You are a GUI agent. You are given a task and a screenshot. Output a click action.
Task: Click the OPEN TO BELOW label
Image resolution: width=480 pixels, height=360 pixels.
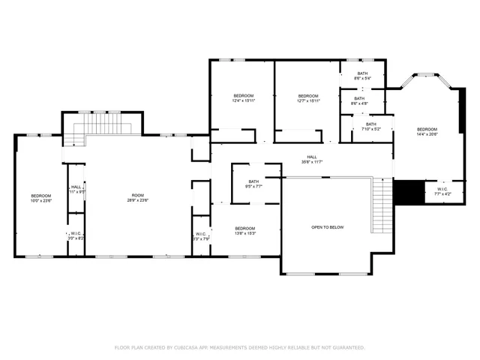click(327, 227)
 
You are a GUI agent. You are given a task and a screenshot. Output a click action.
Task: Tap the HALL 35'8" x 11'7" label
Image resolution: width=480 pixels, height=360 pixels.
click(301, 159)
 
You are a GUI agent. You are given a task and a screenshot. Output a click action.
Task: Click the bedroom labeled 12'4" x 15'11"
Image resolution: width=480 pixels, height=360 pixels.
click(243, 98)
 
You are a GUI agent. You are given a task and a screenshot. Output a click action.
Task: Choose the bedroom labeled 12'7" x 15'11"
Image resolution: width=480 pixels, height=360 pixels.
click(308, 98)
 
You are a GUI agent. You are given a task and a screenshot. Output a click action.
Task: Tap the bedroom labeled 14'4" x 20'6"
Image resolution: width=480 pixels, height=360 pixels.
click(427, 131)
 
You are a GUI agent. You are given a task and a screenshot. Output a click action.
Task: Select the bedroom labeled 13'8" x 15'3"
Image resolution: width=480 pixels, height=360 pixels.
click(244, 231)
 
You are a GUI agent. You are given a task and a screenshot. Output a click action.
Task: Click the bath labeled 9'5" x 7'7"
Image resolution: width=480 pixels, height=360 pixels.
click(253, 184)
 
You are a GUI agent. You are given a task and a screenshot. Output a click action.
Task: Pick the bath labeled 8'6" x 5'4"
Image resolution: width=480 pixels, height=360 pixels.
click(363, 76)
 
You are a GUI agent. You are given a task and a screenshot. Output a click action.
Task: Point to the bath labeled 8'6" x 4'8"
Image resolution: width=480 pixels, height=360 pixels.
click(359, 100)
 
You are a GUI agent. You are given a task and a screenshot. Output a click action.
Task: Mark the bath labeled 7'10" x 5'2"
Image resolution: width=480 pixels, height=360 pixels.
click(371, 127)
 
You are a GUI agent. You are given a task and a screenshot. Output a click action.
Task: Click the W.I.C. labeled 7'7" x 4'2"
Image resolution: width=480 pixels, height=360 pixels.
click(442, 190)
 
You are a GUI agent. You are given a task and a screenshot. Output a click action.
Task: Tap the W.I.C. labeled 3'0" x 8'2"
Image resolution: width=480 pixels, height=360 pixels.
click(76, 235)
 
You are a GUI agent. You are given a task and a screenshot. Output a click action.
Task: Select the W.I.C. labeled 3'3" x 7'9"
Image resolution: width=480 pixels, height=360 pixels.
click(201, 237)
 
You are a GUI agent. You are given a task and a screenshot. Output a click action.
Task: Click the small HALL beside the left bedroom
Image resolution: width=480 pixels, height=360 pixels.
click(76, 190)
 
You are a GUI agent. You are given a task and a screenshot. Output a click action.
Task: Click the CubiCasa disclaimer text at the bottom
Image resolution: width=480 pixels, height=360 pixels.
click(239, 347)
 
